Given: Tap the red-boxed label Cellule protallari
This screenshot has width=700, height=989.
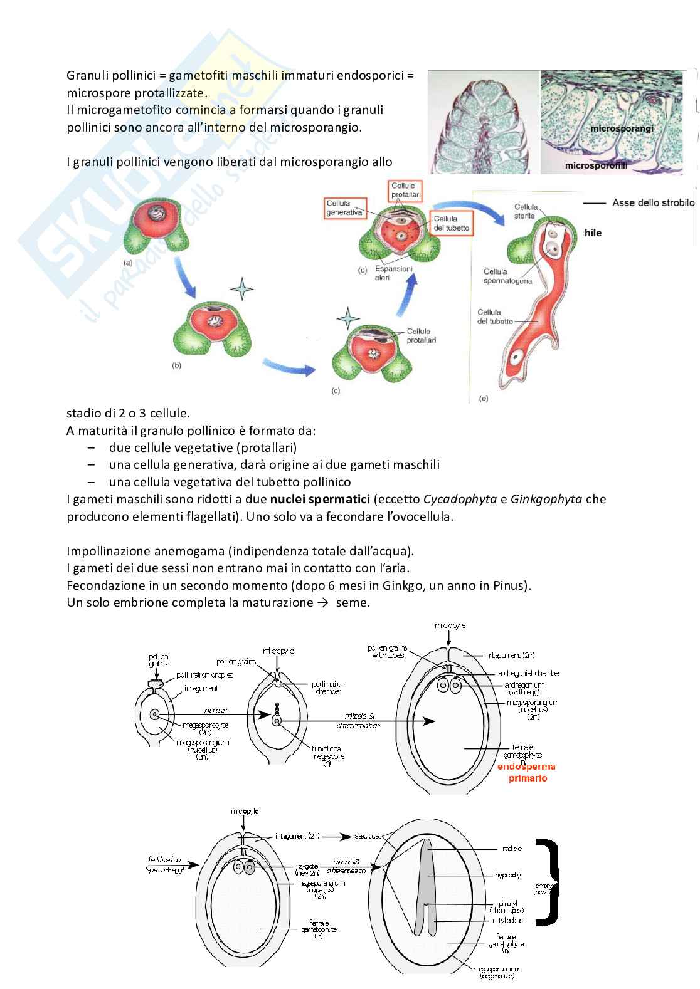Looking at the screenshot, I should point(405,191).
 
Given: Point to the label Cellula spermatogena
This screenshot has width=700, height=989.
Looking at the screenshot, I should point(507,276).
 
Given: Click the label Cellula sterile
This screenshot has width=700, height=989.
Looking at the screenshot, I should point(526,211).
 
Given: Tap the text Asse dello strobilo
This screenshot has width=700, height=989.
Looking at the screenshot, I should point(653,203).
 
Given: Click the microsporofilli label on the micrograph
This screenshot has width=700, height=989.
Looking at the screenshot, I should point(596,166).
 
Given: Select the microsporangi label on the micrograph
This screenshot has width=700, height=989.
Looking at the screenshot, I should point(621,128).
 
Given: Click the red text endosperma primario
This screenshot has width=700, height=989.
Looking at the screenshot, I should point(526,772).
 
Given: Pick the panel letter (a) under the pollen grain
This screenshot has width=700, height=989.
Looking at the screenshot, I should point(128,263).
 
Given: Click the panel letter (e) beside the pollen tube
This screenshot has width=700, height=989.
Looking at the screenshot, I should point(483,398).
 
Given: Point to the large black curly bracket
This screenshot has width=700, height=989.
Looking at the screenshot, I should point(548,883).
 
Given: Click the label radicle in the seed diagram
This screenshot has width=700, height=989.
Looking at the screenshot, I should point(511,849).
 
